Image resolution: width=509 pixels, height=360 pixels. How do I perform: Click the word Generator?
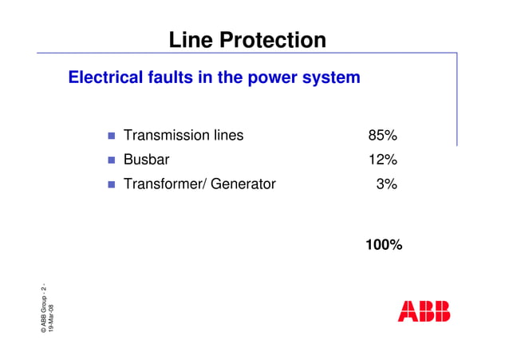pyautogui.click(x=243, y=184)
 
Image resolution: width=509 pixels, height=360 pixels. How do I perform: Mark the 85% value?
pyautogui.click(x=382, y=136)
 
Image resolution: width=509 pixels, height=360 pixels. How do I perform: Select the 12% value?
pyautogui.click(x=382, y=160)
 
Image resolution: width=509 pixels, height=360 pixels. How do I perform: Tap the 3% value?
pyautogui.click(x=386, y=184)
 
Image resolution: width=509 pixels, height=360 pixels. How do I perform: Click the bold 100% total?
pyautogui.click(x=383, y=245)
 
